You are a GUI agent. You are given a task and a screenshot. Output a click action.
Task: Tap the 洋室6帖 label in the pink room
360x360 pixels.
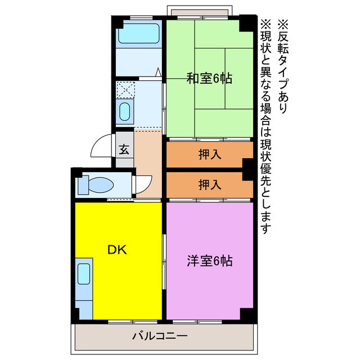tap(210, 261)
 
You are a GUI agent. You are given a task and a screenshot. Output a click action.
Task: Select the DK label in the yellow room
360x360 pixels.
tap(118, 249)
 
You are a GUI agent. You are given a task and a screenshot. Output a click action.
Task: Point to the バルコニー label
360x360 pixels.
tap(160, 336)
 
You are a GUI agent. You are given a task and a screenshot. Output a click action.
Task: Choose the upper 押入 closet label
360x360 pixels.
tap(210, 155)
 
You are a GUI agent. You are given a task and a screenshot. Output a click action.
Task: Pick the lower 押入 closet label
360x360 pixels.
tap(210, 184)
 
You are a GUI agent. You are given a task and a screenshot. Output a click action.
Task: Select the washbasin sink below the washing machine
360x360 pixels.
tap(125, 111)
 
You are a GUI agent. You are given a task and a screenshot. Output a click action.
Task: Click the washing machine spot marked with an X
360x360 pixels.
tap(124, 89)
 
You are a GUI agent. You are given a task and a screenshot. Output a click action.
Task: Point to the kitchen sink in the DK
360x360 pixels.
tap(84, 274)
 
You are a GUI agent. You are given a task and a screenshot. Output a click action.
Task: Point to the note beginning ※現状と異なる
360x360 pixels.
tap(265, 127)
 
